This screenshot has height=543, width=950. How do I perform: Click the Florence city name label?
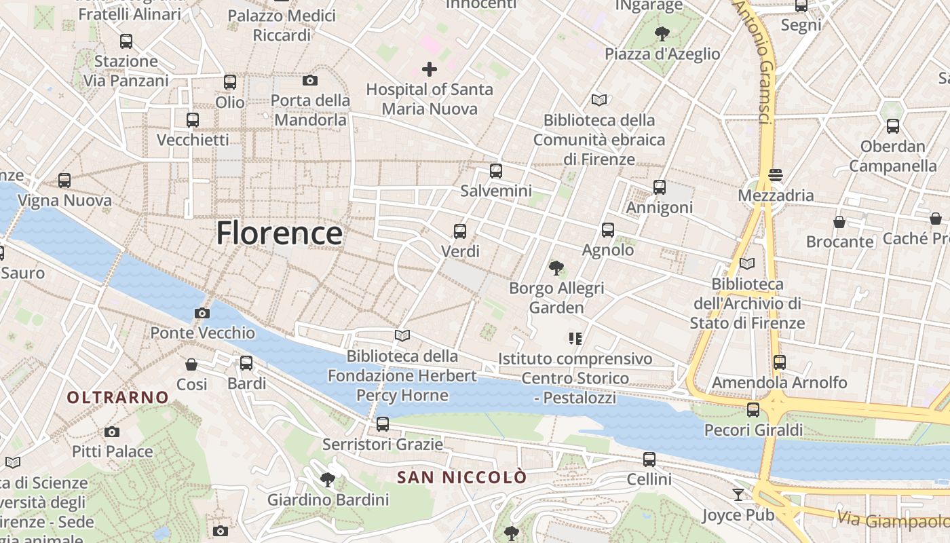(x=279, y=233)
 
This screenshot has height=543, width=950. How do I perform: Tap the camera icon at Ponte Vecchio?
(x=202, y=313)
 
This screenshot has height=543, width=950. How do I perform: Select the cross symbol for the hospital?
(x=429, y=69)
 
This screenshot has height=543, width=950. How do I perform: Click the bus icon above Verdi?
(x=460, y=231)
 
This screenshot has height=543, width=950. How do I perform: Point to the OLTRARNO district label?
(x=118, y=397)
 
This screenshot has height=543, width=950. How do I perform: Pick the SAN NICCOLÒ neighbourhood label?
(x=461, y=477)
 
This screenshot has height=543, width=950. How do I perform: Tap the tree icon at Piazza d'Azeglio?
(x=662, y=33)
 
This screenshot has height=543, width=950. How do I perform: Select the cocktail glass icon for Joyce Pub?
(x=738, y=495)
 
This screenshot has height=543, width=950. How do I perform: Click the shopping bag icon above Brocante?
(x=839, y=222)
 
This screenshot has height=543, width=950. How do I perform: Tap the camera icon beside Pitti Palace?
(x=112, y=432)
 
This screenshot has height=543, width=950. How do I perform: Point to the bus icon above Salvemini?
(x=496, y=171)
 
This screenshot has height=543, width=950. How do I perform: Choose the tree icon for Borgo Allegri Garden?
(x=556, y=268)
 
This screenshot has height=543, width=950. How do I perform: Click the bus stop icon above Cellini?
(x=649, y=460)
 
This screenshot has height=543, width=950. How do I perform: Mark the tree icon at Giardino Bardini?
(x=328, y=480)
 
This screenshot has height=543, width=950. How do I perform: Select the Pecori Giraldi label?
(x=753, y=430)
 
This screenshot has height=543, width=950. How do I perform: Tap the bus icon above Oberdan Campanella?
(x=892, y=126)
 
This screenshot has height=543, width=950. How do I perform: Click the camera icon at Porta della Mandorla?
(x=310, y=81)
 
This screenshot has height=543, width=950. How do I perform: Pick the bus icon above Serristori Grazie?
(x=383, y=425)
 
